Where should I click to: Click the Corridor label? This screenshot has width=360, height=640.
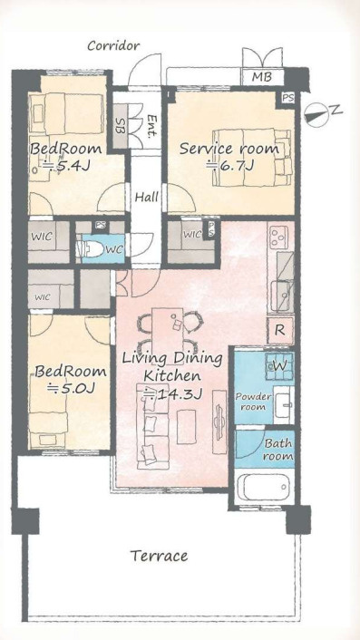coord(113,45)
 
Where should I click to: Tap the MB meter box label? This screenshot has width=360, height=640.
coord(262,77)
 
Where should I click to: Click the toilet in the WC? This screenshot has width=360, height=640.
coord(92,249)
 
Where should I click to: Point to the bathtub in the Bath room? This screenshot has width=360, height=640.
coord(265,487)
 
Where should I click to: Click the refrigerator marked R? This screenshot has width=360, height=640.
coord(280,330)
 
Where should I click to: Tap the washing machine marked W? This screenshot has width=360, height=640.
coord(279,365)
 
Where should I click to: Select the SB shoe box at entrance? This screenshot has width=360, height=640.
coord(120,126)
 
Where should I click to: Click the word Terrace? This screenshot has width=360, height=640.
coord(159,556)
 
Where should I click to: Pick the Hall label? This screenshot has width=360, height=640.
coord(147,198)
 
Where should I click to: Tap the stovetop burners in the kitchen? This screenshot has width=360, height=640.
coord(279,237)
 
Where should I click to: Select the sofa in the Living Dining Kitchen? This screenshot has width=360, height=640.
coord(152,426)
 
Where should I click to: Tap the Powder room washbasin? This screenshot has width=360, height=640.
coord(284,404)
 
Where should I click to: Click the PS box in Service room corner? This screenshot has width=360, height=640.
coord(288,99)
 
